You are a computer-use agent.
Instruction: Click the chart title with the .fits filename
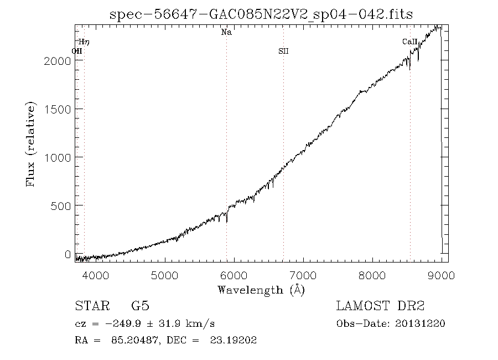pyautogui.click(x=261, y=14)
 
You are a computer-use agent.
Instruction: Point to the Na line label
pyautogui.click(x=226, y=33)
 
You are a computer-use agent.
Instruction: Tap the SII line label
pyautogui.click(x=283, y=52)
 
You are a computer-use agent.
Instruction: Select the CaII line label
pyautogui.click(x=409, y=42)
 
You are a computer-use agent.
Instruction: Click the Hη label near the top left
pyautogui.click(x=84, y=42)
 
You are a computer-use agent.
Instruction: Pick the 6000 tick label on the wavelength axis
pyautogui.click(x=234, y=275)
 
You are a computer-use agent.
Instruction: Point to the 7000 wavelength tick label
pyautogui.click(x=303, y=275)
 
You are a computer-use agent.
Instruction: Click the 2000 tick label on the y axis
pyautogui.click(x=57, y=61)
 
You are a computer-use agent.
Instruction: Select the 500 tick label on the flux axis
pyautogui.click(x=60, y=205)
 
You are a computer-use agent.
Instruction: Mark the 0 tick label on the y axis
pyautogui.click(x=68, y=254)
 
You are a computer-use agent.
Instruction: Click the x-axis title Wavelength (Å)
pyautogui.click(x=261, y=290)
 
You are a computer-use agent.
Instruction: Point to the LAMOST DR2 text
pyautogui.click(x=380, y=306)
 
